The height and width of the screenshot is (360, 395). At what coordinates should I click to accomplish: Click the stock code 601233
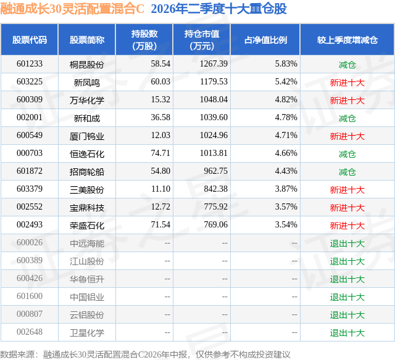[x=30, y=64]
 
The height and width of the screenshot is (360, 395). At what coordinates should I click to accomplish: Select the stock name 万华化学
[x=87, y=100]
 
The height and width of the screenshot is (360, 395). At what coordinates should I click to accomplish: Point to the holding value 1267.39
[x=214, y=64]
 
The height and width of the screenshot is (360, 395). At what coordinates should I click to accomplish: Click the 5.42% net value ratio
[x=286, y=82]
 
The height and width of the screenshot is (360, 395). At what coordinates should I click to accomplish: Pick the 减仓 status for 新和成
[x=347, y=118]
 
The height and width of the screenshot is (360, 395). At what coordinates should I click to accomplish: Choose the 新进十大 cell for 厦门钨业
[x=347, y=136]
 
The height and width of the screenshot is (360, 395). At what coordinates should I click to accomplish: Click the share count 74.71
[x=160, y=153]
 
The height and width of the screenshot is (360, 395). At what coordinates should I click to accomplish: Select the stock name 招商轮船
[x=87, y=172]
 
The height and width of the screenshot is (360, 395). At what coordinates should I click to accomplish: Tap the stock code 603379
[x=30, y=189]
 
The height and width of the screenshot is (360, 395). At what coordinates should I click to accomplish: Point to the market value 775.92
[x=215, y=207]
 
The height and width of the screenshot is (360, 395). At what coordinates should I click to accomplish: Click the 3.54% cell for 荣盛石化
[x=286, y=224]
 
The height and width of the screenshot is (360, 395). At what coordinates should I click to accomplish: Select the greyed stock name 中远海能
[x=87, y=243]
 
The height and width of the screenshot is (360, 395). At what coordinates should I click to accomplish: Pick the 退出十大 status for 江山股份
[x=347, y=261]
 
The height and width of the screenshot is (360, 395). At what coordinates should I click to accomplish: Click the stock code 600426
[x=30, y=278]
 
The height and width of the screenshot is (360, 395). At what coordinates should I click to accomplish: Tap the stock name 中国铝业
[x=87, y=297]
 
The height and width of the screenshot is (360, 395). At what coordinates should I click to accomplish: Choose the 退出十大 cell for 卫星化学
[x=347, y=333]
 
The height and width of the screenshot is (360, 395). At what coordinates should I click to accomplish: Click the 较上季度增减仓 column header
[x=347, y=39]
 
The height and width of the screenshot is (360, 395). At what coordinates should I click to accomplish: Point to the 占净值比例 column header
[x=265, y=39]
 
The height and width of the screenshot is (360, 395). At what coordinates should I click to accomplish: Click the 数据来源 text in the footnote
[x=17, y=354]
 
